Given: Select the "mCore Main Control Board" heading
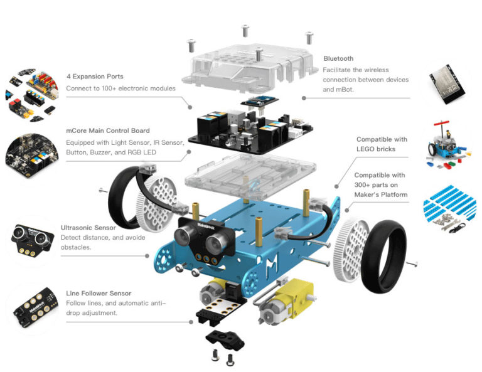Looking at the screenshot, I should [x=107, y=130].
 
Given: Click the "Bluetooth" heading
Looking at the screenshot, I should [x=338, y=58].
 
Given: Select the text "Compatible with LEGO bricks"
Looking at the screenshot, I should [x=381, y=144].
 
